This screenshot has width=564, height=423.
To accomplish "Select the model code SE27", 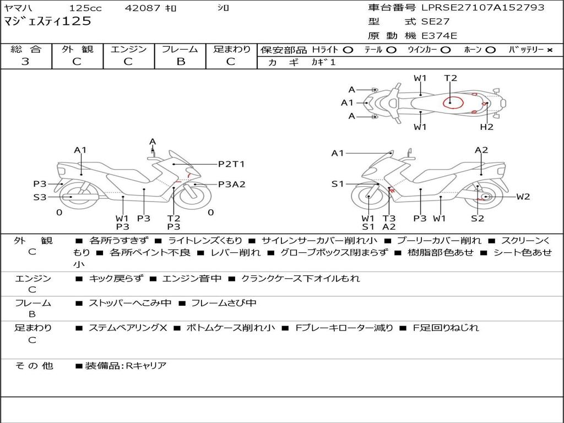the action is (x=435, y=21).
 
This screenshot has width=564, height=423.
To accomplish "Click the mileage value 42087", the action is (x=142, y=8).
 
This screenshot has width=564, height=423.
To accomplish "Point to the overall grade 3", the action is (x=25, y=62).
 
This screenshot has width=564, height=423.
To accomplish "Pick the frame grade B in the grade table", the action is (x=181, y=62).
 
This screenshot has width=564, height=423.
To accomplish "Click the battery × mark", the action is (x=549, y=50).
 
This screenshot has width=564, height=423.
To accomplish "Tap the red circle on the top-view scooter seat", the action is (x=453, y=102).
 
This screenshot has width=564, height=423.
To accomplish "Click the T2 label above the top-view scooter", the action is (x=451, y=78).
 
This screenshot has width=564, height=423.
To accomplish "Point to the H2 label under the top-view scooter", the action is (x=487, y=127).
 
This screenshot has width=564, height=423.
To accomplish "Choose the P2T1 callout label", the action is (x=231, y=164).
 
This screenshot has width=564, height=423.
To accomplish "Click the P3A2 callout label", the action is (x=232, y=184).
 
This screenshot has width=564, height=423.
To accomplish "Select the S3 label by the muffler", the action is (x=40, y=197).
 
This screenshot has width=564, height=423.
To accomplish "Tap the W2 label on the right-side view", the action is (x=523, y=197).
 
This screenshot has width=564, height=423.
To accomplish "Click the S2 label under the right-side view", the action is (x=478, y=218).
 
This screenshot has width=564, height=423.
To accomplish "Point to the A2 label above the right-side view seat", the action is (x=481, y=150).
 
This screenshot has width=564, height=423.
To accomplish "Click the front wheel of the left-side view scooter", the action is (x=194, y=197).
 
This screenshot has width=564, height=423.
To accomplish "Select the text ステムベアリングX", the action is (x=128, y=328).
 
